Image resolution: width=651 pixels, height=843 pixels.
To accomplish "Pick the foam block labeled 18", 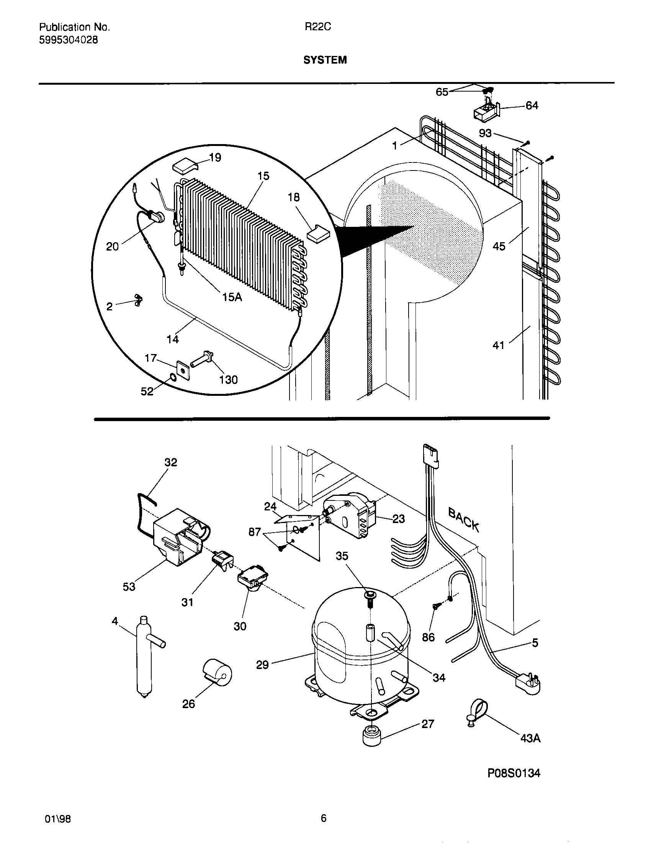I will pyautogui.click(x=319, y=234).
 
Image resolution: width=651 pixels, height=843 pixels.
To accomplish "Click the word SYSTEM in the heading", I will pyautogui.click(x=325, y=60).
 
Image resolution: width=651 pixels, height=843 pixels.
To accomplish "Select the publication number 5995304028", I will pyautogui.click(x=68, y=40).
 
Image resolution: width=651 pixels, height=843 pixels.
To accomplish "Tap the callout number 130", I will pyautogui.click(x=228, y=380).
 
